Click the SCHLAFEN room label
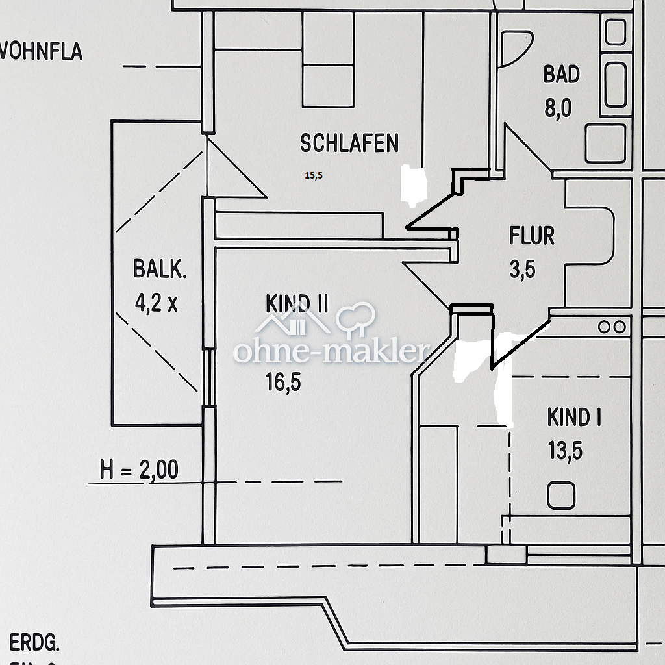pyautogui.click(x=349, y=144)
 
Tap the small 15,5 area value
pyautogui.click(x=313, y=175)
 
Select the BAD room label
pyautogui.click(x=561, y=75)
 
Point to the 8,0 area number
pyautogui.click(x=558, y=108)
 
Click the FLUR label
pyautogui.click(x=532, y=236)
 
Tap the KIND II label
pyautogui.click(x=297, y=303)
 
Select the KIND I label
pyautogui.click(x=573, y=418)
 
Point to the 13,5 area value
pyautogui.click(x=564, y=451)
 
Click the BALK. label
pyautogui.click(x=160, y=269)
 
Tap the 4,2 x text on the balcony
pyautogui.click(x=156, y=303)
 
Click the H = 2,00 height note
pyautogui.click(x=139, y=470)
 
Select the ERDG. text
pyautogui.click(x=35, y=644)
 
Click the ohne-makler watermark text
pyautogui.click(x=331, y=352)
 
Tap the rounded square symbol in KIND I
pyautogui.click(x=561, y=496)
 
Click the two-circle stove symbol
pyautogui.click(x=612, y=327)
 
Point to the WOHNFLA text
pyautogui.click(x=40, y=51)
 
